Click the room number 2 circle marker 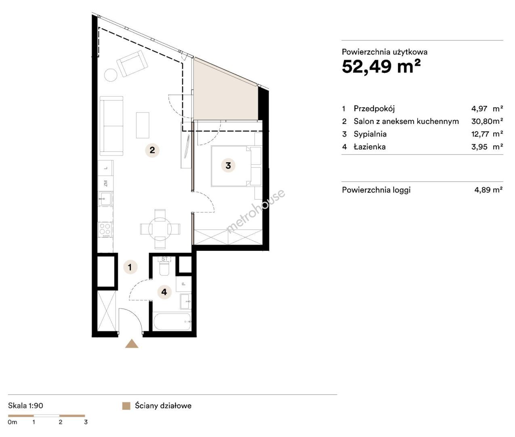(152, 150)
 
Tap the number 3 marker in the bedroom (228, 165)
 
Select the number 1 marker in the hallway (130, 267)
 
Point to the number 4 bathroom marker (164, 292)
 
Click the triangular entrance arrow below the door (132, 344)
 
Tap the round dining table (160, 229)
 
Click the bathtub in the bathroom (172, 322)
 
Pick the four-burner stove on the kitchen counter (105, 229)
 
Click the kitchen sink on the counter (105, 199)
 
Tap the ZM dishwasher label (106, 183)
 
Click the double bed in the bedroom (236, 166)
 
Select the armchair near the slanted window (132, 64)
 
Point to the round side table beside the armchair (111, 75)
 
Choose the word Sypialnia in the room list (370, 134)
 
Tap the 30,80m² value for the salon (487, 121)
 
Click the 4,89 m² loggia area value (488, 190)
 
